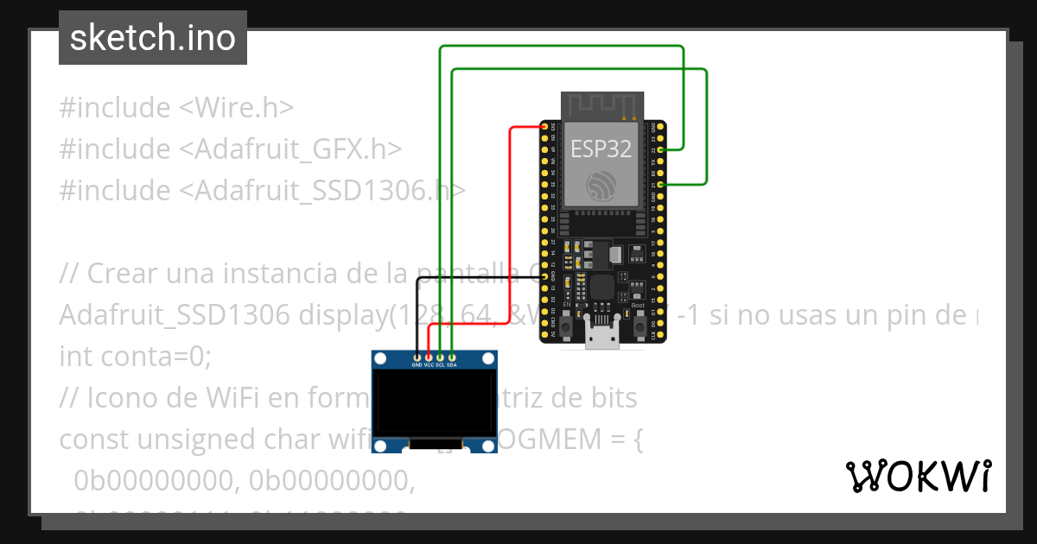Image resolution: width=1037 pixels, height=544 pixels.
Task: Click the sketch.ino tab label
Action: point(153,38)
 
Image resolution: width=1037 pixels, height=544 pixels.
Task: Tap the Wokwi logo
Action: point(918,476)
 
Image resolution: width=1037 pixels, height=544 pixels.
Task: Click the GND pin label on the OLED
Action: point(417,364)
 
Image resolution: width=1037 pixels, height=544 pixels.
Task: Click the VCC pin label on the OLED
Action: point(429,364)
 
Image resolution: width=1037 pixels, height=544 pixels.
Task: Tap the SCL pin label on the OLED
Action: point(440,364)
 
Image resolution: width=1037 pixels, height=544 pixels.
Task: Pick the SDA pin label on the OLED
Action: point(451,364)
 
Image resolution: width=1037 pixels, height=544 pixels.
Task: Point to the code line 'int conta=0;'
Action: point(135,356)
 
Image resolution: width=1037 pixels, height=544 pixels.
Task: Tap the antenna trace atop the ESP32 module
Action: point(602,106)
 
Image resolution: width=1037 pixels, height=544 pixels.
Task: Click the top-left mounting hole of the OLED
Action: point(381,358)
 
